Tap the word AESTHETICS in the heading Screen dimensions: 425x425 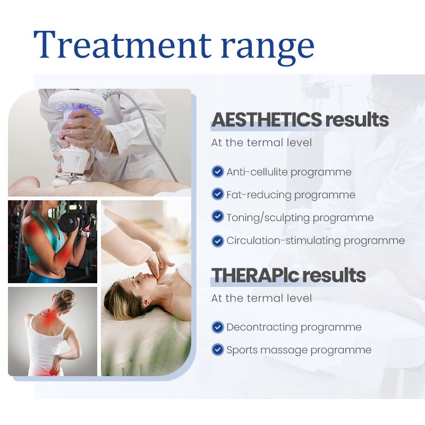pos(266,120)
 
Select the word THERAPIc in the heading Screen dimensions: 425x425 pos(254,275)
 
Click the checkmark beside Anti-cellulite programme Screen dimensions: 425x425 pos(217,172)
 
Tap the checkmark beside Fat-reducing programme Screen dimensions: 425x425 pos(217,194)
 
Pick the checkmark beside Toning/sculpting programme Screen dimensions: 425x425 pos(217,217)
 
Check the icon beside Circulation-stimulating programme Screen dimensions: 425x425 pos(217,240)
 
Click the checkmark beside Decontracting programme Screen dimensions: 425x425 pos(217,327)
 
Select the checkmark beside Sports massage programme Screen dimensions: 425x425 pos(217,350)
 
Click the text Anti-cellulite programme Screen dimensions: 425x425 pos(289,172)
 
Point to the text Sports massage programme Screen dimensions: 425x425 pos(299,350)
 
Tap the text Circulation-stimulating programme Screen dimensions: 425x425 pos(316,241)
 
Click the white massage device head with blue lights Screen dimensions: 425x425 pos(77,104)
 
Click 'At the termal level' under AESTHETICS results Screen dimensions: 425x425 pos(261,143)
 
